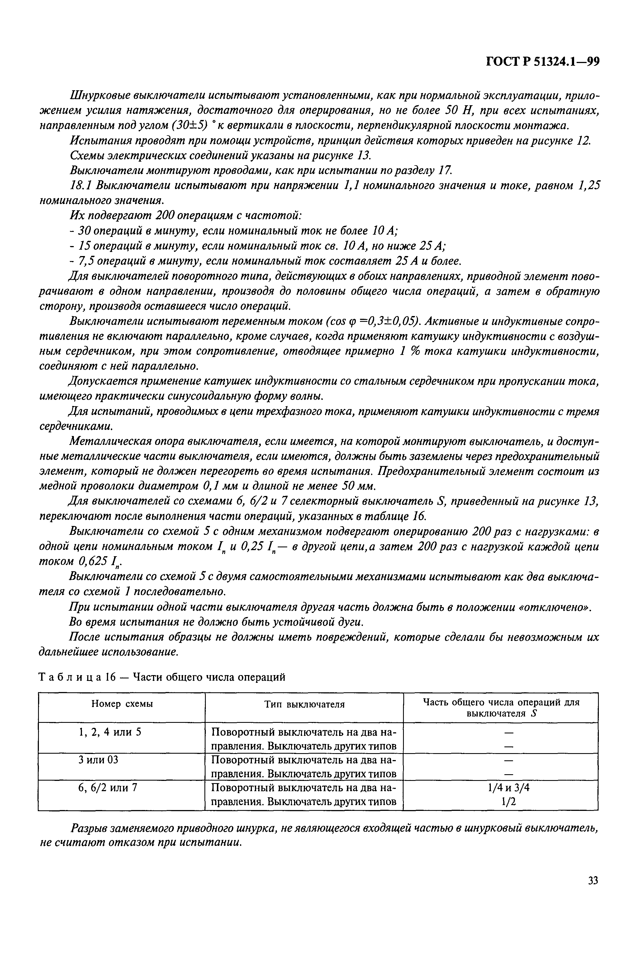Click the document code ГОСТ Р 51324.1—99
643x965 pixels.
542,62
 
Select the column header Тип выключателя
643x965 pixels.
304,704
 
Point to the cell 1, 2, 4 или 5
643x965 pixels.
110,732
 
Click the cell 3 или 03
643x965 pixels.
98,760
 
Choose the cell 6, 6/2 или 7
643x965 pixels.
107,788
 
